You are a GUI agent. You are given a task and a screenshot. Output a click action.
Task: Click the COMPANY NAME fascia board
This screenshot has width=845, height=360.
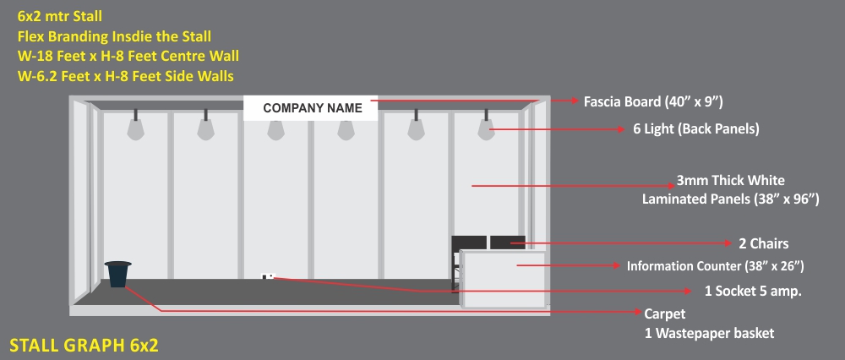(x=312, y=108)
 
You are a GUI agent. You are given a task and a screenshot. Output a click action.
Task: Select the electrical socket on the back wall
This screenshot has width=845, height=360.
(x=269, y=275)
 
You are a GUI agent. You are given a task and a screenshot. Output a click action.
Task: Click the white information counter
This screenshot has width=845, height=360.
(x=502, y=278)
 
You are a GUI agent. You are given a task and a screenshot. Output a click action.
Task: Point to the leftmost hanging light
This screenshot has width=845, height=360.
(x=135, y=128)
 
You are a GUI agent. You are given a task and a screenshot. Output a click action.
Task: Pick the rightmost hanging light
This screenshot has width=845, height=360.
(x=486, y=128)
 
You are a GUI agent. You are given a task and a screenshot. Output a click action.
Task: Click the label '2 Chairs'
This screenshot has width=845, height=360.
(x=763, y=244)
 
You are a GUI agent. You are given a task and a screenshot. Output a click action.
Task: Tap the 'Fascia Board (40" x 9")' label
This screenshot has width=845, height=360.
(x=653, y=102)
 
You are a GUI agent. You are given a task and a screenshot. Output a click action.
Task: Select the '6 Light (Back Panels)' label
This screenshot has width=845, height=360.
(x=695, y=129)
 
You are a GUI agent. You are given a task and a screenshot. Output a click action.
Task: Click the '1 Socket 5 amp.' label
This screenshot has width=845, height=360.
(x=752, y=291)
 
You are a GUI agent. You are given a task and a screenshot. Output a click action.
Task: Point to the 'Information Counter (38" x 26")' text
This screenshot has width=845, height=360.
(x=714, y=266)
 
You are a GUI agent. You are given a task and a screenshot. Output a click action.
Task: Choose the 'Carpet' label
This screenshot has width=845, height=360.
(x=665, y=314)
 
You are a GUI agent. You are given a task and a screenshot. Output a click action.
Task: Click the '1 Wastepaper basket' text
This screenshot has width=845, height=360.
(x=708, y=334)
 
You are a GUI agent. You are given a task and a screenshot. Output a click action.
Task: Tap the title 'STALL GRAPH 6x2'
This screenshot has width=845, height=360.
(x=84, y=345)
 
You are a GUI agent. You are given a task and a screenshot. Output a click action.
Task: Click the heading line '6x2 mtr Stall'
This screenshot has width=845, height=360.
(x=61, y=16)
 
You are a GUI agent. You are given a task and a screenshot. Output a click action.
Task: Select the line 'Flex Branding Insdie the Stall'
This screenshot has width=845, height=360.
(x=114, y=36)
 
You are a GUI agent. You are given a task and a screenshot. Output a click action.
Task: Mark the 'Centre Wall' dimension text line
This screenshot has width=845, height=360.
(x=128, y=57)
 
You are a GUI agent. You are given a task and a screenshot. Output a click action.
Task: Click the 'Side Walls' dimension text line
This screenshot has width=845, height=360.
(x=125, y=76)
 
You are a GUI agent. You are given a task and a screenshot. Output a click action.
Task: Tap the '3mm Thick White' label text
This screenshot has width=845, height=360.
(x=730, y=181)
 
